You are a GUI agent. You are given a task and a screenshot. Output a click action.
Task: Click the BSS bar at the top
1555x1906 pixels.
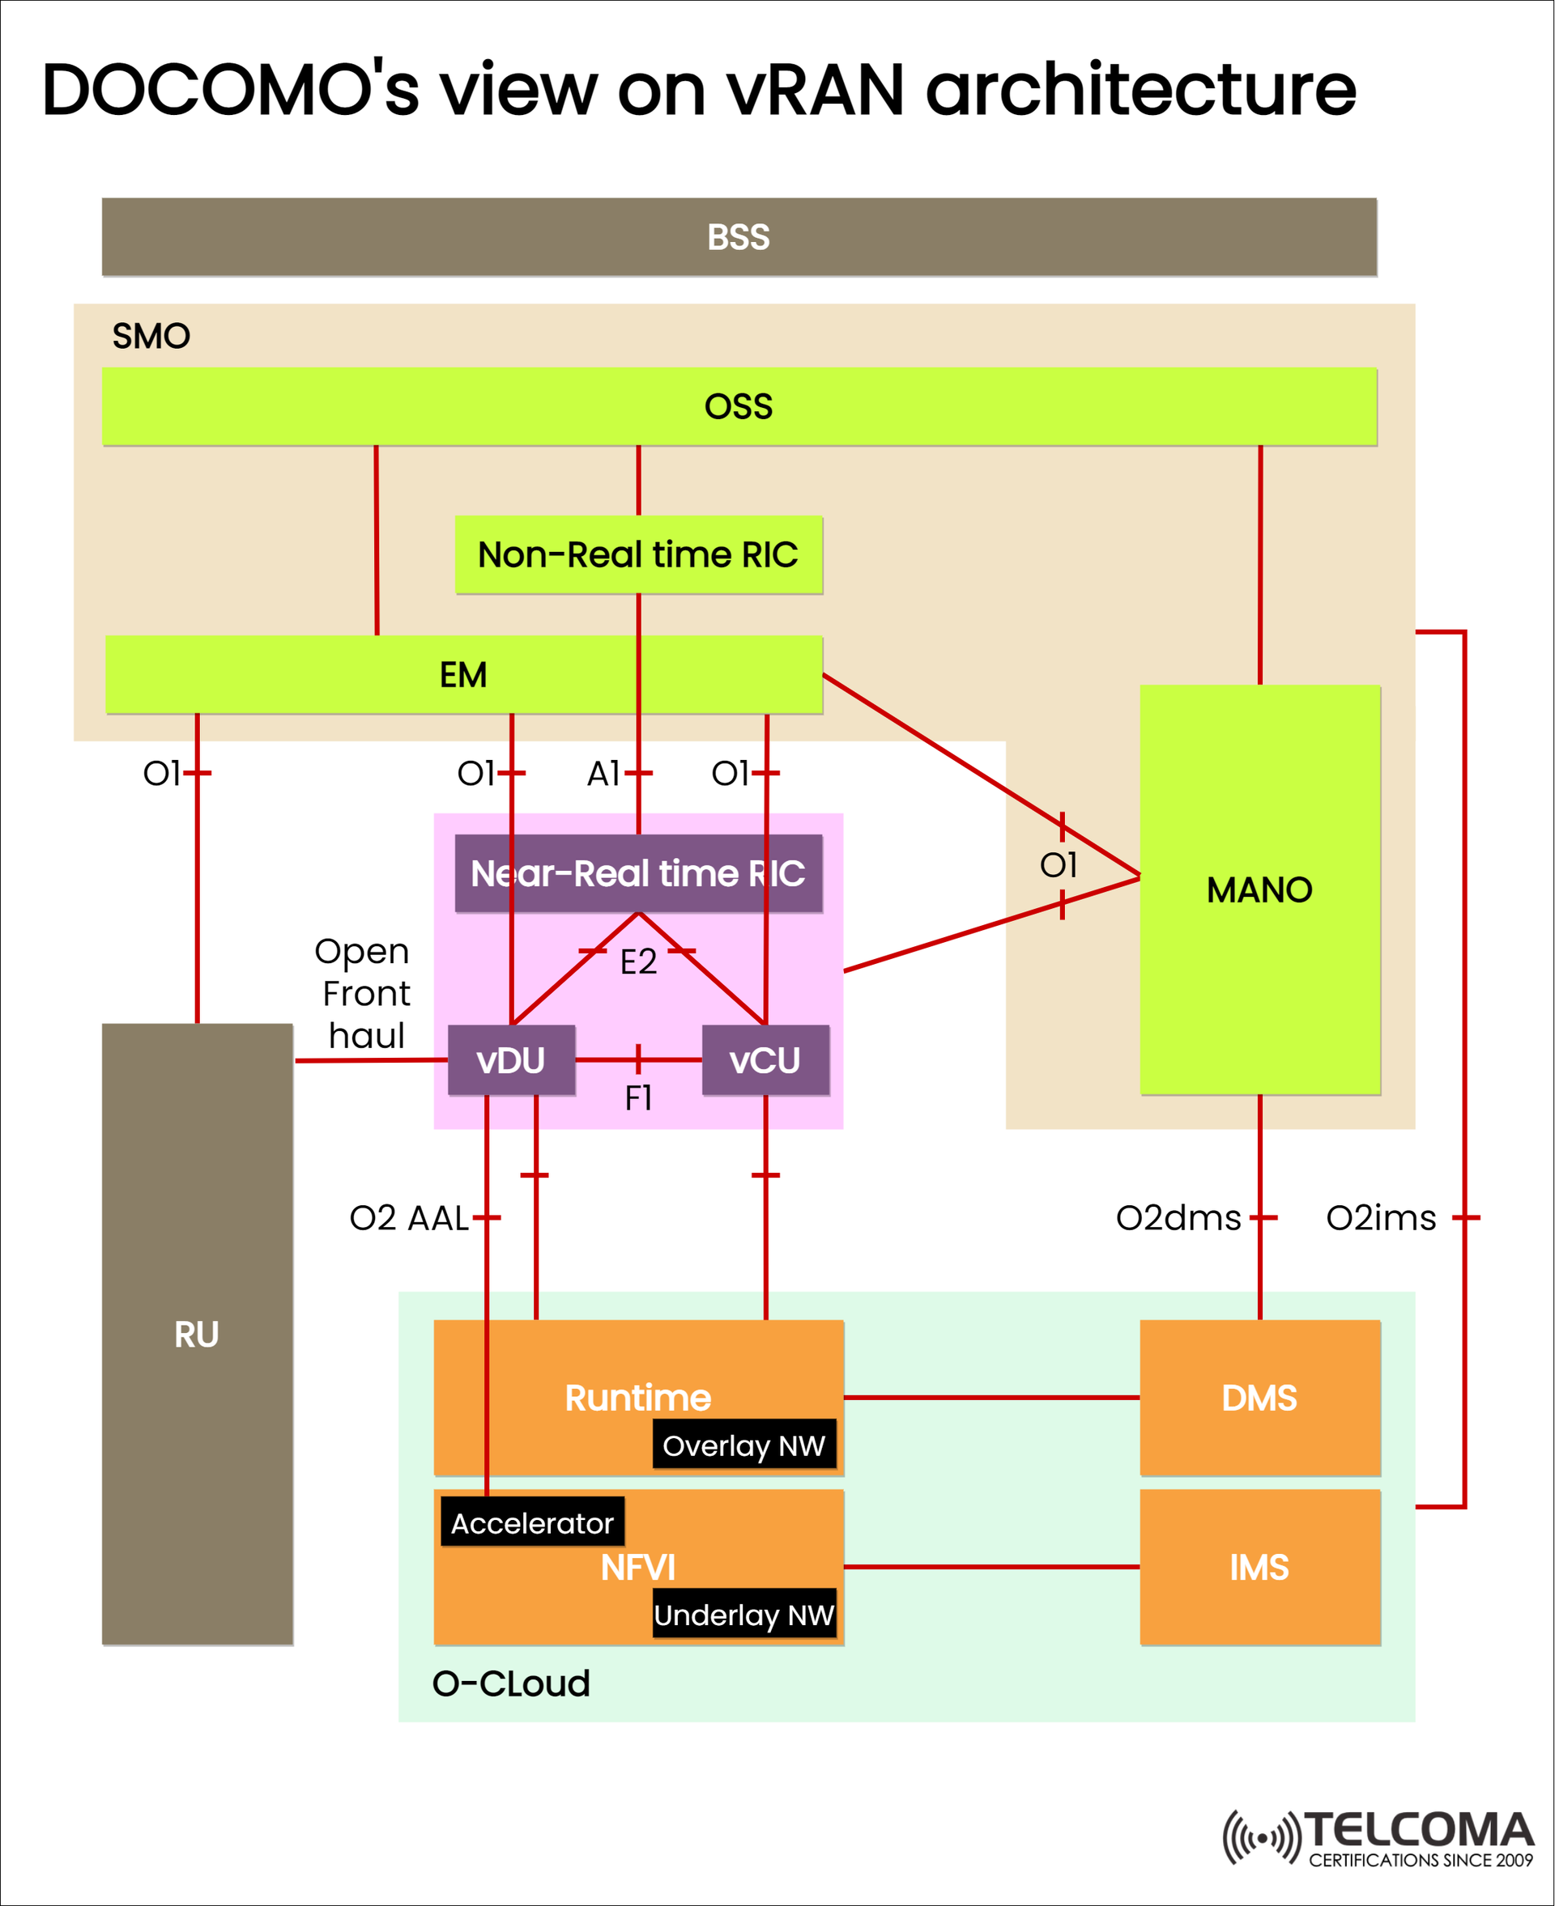pyautogui.click(x=738, y=237)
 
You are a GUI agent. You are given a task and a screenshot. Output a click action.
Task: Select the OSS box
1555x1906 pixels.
pyautogui.click(x=738, y=406)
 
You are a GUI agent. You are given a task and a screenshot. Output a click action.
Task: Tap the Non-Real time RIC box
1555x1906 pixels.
pyautogui.click(x=637, y=554)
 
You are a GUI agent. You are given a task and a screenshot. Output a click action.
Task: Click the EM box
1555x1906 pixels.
pyautogui.click(x=463, y=674)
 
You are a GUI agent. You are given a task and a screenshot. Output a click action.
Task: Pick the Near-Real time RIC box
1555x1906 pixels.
pyautogui.click(x=637, y=872)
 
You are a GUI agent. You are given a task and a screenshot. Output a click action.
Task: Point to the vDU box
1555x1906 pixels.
pyautogui.click(x=510, y=1060)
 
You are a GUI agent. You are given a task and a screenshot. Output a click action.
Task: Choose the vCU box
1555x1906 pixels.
pyautogui.click(x=765, y=1060)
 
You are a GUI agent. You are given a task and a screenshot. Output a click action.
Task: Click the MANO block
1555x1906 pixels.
pyautogui.click(x=1259, y=890)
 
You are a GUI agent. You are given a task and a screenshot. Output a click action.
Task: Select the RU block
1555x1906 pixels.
pyautogui.click(x=197, y=1334)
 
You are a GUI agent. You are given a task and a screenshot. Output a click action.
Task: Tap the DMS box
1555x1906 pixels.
pyautogui.click(x=1259, y=1398)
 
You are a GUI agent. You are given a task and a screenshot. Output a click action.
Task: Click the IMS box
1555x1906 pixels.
pyautogui.click(x=1259, y=1567)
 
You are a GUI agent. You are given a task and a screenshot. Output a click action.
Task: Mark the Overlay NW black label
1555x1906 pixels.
pyautogui.click(x=743, y=1445)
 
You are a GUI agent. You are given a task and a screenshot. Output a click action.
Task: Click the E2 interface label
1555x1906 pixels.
pyautogui.click(x=637, y=961)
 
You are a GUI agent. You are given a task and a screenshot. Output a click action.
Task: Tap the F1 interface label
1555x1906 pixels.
pyautogui.click(x=637, y=1097)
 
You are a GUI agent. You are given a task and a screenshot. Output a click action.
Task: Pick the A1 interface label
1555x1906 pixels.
pyautogui.click(x=603, y=773)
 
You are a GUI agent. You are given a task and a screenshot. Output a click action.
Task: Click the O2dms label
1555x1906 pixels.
pyautogui.click(x=1178, y=1217)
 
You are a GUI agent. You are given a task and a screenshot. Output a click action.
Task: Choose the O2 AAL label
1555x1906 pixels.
pyautogui.click(x=408, y=1217)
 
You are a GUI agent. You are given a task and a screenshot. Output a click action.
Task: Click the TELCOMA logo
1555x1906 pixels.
pyautogui.click(x=1379, y=1838)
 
